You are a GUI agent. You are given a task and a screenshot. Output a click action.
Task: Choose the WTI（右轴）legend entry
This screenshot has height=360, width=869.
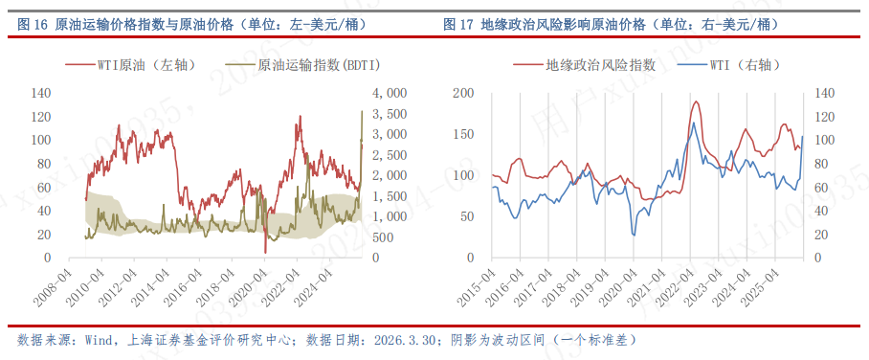tap(744, 65)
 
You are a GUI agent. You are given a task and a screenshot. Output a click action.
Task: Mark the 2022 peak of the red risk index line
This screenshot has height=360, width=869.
tap(696, 101)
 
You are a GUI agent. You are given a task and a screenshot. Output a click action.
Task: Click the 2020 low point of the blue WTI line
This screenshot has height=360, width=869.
tap(633, 235)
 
